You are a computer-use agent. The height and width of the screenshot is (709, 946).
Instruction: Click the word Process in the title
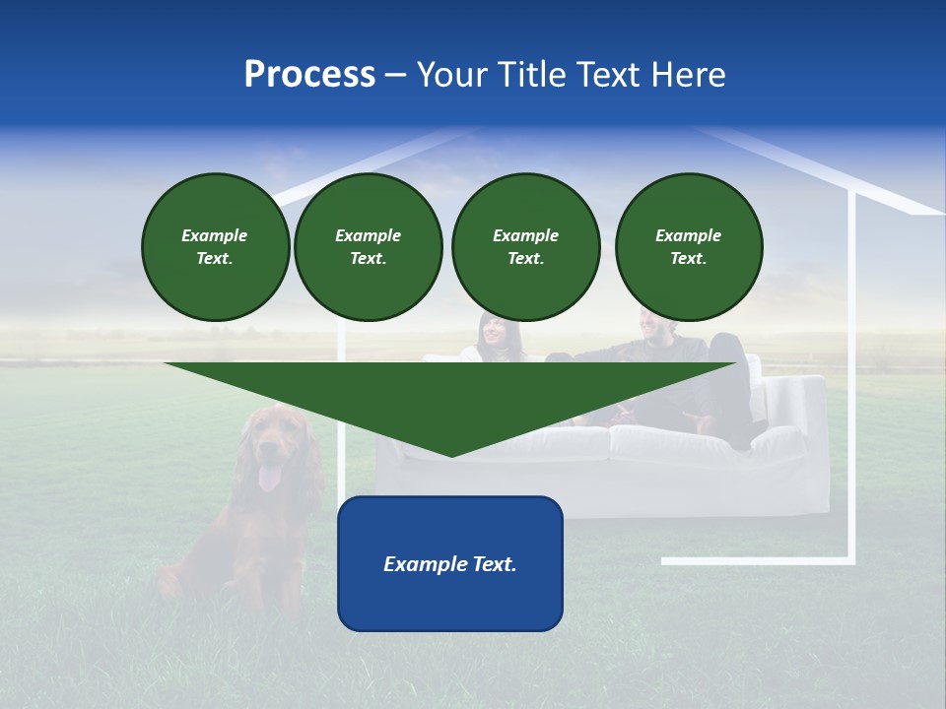[309, 75]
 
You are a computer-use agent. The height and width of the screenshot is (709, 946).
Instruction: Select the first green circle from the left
[215, 247]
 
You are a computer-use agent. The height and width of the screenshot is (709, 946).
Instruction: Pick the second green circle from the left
[368, 247]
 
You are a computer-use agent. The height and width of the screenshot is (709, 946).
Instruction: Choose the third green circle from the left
[525, 247]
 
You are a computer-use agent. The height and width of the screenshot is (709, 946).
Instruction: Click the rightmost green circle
[688, 247]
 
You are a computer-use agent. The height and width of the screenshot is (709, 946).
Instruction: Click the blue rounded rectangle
[450, 601]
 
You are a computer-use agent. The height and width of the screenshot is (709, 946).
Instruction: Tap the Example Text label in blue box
[450, 564]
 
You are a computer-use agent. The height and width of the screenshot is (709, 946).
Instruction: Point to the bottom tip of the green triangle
[451, 455]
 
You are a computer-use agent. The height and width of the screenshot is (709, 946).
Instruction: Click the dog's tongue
[268, 480]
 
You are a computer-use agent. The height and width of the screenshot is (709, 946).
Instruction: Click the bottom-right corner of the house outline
[851, 561]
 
